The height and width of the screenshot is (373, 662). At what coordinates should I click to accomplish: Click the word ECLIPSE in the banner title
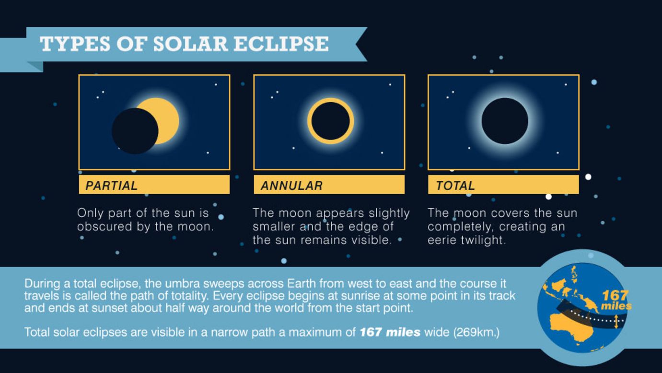(281, 44)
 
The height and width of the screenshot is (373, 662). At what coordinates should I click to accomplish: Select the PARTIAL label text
(111, 186)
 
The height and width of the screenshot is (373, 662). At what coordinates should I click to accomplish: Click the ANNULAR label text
(291, 186)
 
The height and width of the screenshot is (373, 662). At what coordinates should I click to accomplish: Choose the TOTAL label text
(455, 186)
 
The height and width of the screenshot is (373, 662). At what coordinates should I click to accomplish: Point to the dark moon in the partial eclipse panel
(135, 131)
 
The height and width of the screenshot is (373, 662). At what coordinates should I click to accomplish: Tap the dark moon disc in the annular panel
(330, 121)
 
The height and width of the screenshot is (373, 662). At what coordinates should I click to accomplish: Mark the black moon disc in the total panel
(505, 121)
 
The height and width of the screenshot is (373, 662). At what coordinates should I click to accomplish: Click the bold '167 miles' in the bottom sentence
(390, 332)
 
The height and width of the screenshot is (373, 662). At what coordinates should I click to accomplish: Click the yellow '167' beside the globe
(615, 295)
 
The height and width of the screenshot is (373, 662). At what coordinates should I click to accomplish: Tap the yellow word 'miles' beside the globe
(616, 306)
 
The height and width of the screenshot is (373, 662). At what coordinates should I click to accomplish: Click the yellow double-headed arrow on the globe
(616, 322)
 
